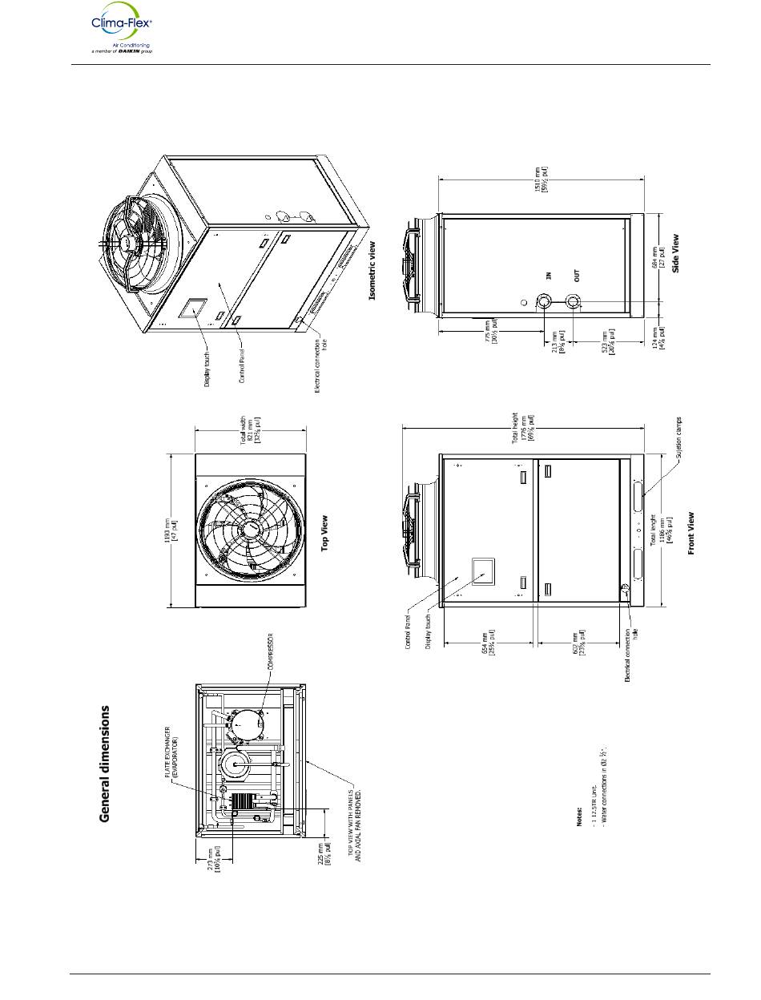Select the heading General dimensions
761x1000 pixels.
[x=104, y=764]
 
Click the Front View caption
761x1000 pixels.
[x=691, y=533]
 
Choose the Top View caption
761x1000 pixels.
[x=325, y=531]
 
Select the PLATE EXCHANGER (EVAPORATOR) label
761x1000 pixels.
[x=171, y=752]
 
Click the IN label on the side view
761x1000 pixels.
[x=549, y=276]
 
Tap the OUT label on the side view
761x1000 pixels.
[x=577, y=275]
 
